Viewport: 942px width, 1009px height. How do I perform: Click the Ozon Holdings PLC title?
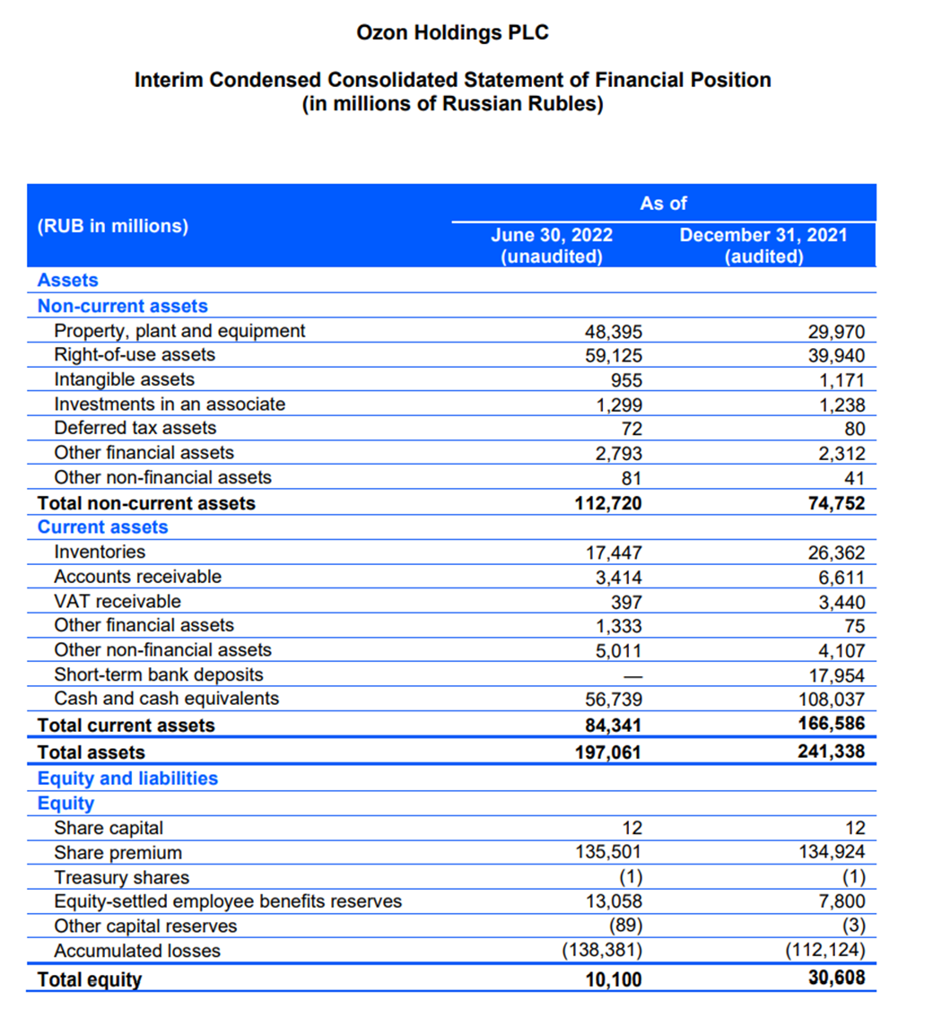coord(452,33)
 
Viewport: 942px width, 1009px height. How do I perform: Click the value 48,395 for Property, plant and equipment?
coord(614,331)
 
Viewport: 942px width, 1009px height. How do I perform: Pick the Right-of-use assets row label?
coord(135,354)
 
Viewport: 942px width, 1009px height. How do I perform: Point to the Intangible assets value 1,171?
coord(842,379)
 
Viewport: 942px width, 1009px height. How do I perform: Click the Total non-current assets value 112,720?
coord(607,503)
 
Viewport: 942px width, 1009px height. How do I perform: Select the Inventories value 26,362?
coord(837,552)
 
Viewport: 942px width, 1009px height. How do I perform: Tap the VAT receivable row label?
coord(117,601)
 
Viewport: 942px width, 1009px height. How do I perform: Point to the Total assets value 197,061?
coord(607,752)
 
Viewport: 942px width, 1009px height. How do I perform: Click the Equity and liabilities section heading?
coord(127,778)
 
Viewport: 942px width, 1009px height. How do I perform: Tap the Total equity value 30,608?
coord(837,978)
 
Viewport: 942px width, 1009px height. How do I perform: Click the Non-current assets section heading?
coord(122,306)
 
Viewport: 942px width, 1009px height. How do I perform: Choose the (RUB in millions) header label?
coord(112,226)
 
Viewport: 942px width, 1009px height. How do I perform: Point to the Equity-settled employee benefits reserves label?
coord(228,901)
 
